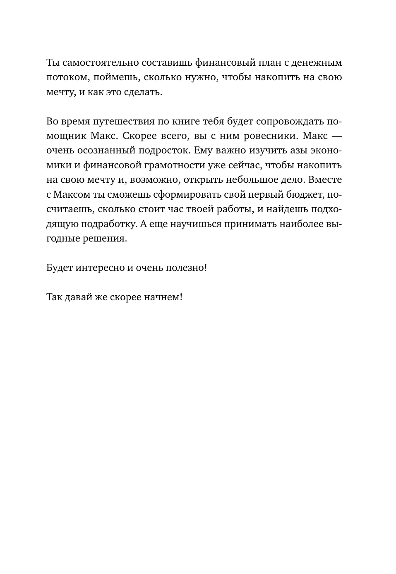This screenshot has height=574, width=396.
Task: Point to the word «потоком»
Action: [67, 77]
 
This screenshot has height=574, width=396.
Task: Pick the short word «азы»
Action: [293, 151]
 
